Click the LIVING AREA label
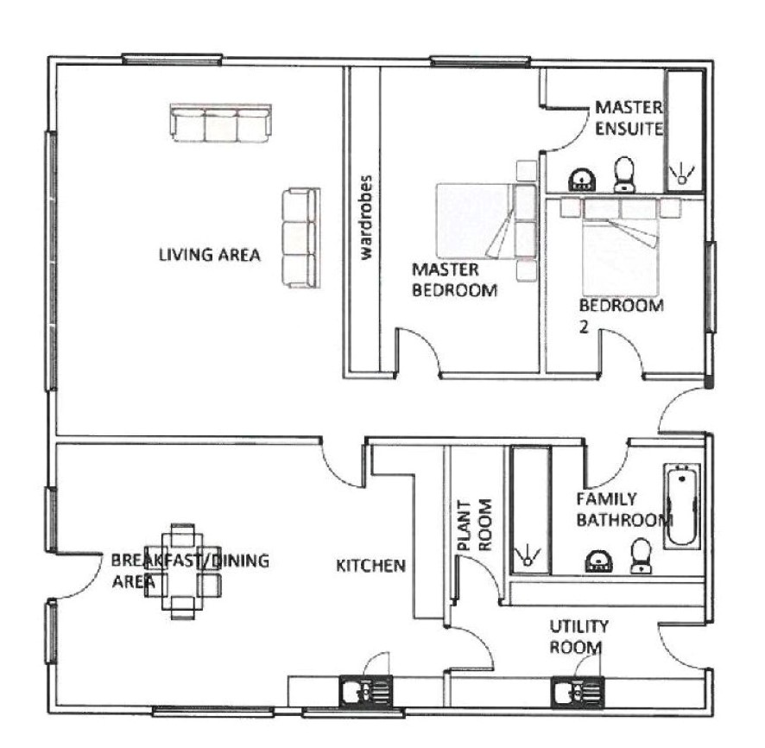[x=210, y=255]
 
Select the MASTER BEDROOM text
[x=455, y=280]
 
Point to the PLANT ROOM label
[x=474, y=525]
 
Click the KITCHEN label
[x=370, y=566]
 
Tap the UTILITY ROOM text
[x=578, y=637]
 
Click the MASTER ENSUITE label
[x=629, y=118]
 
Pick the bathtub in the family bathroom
[x=681, y=505]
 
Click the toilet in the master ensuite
[x=624, y=174]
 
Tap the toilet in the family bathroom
[x=640, y=555]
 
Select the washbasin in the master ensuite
[x=582, y=180]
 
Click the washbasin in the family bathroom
[x=598, y=561]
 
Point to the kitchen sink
[x=366, y=690]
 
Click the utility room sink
[x=578, y=691]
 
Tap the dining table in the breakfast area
[x=182, y=572]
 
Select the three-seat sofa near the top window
[x=220, y=123]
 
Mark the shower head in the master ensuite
[x=682, y=176]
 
